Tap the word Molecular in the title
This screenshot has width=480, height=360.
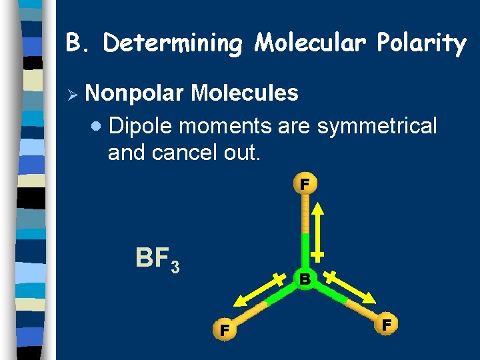311,43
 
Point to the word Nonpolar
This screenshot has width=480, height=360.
135,93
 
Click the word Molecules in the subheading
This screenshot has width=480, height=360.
244,93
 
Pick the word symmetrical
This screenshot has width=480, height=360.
377,125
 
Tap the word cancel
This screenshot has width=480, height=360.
184,152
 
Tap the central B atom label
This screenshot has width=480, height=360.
305,279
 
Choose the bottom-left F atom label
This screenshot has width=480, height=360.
225,329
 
